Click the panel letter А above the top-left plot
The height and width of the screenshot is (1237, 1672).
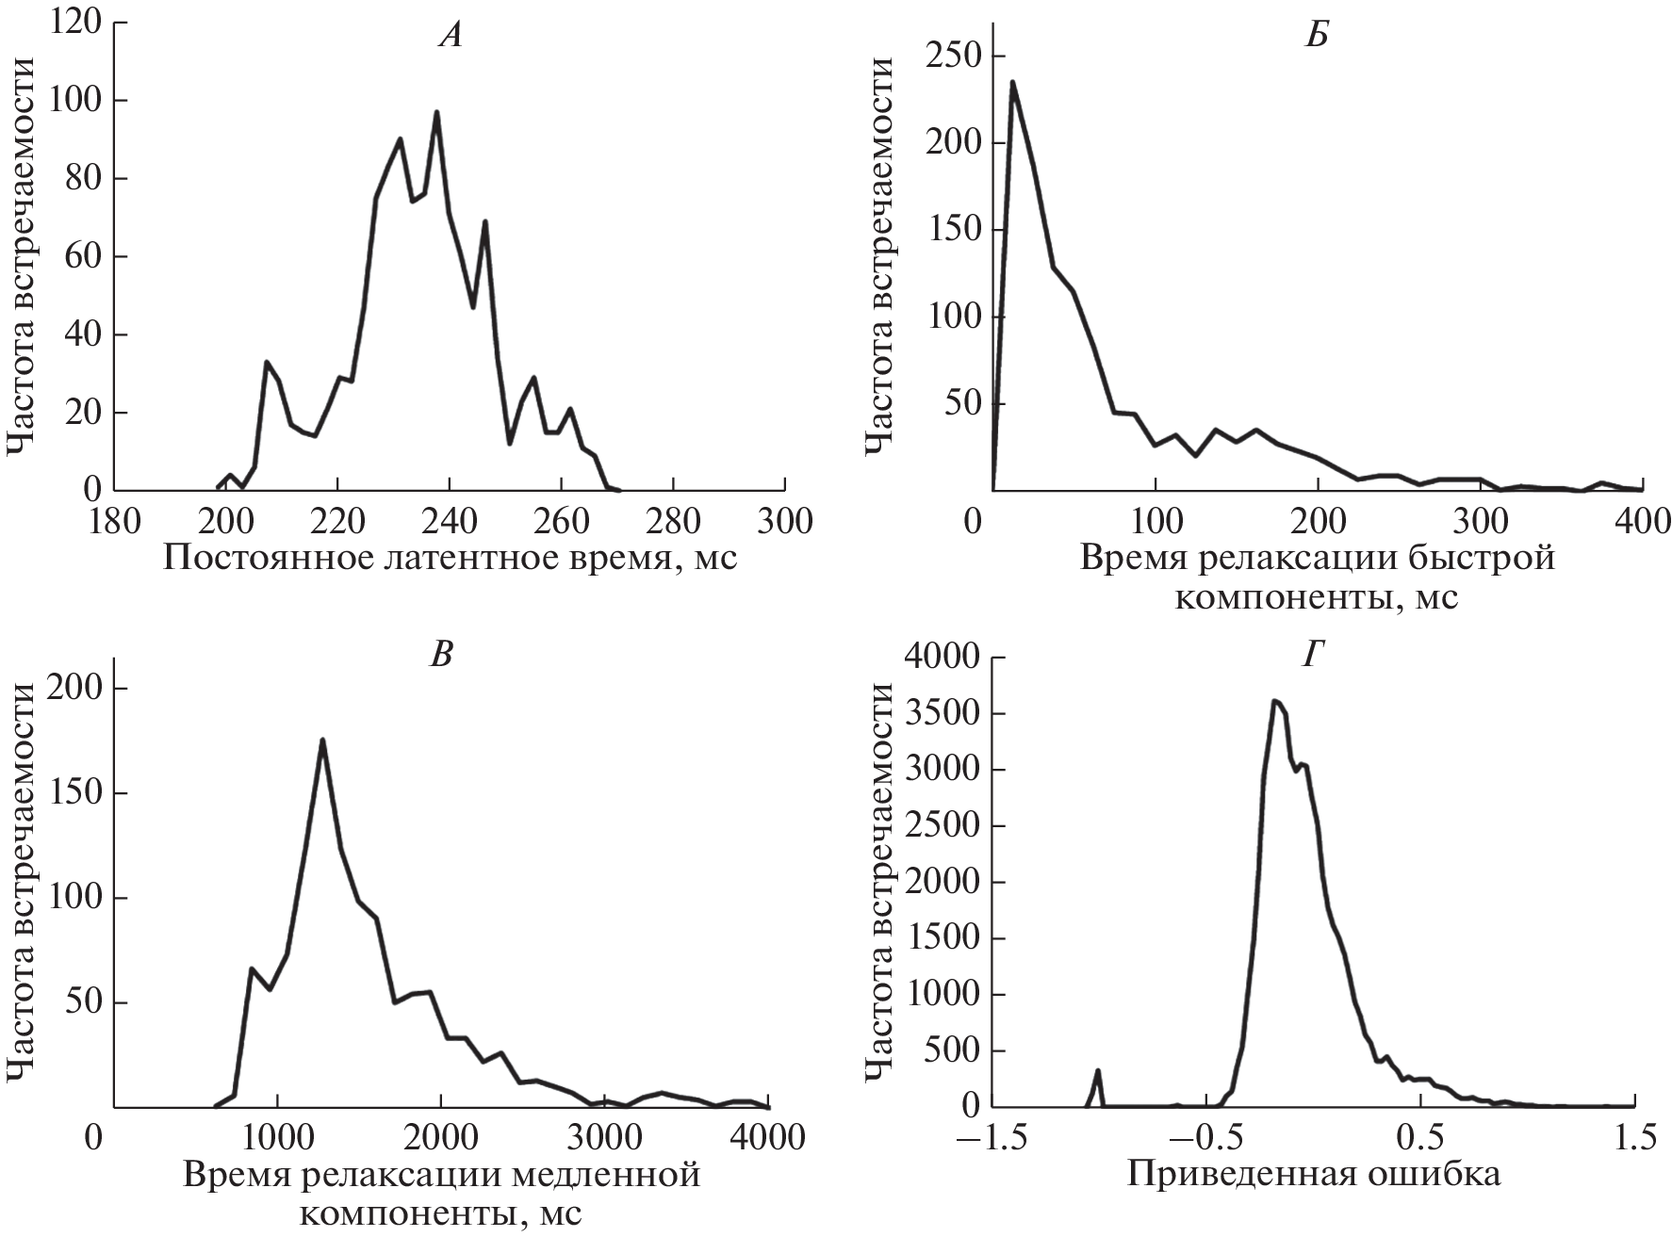click(451, 36)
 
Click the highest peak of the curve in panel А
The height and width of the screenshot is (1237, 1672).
click(436, 112)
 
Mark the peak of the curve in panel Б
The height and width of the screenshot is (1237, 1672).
click(1012, 81)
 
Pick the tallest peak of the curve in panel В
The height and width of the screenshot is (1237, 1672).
click(322, 740)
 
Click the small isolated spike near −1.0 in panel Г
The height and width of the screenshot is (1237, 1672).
click(1098, 1070)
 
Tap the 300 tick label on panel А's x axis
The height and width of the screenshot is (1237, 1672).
click(784, 520)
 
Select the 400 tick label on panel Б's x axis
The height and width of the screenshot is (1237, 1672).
click(1641, 520)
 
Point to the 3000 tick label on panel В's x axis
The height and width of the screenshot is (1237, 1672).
click(605, 1138)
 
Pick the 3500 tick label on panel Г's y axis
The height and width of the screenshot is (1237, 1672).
click(938, 714)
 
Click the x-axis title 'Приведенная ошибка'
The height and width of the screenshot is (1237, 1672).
click(1314, 1175)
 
